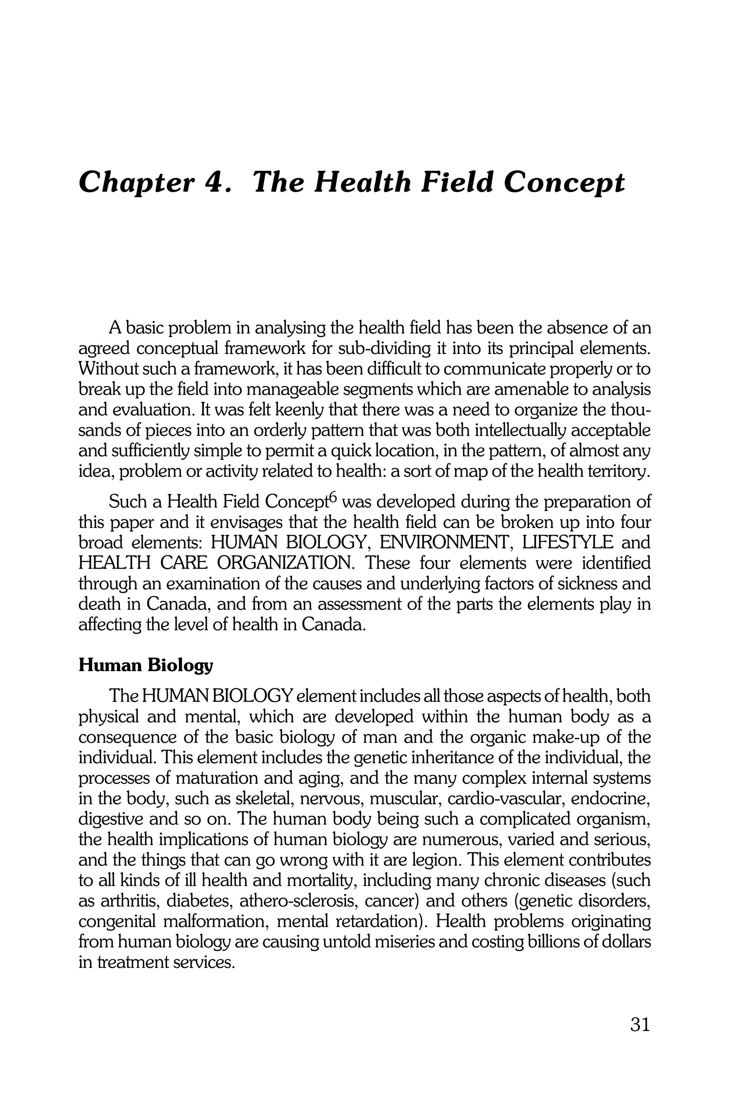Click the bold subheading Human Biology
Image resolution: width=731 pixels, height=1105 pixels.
pos(146,666)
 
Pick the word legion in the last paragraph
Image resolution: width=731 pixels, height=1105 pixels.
pos(432,860)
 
